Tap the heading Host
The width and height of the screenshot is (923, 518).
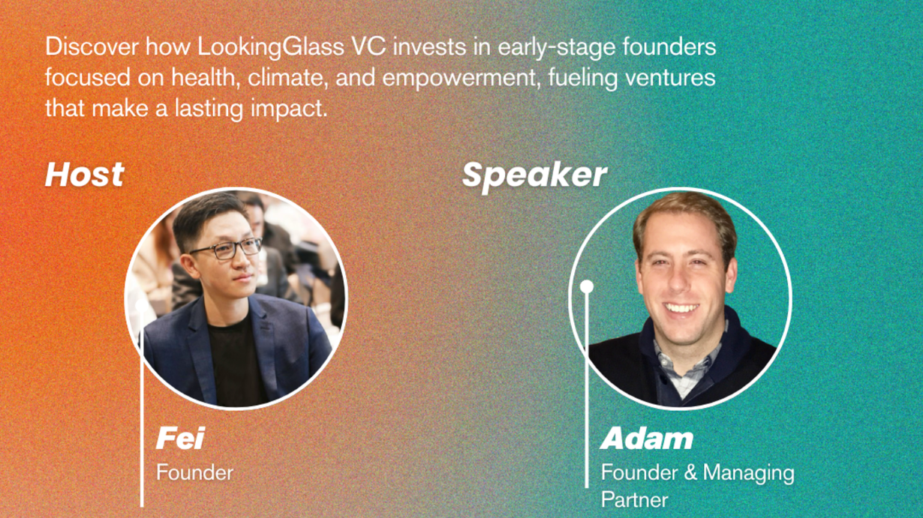click(85, 175)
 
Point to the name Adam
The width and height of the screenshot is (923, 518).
click(647, 439)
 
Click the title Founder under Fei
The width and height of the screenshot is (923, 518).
click(194, 472)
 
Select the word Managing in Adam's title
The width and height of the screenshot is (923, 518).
click(748, 474)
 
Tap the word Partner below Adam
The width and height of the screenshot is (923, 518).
click(634, 500)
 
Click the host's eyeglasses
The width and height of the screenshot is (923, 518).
click(226, 249)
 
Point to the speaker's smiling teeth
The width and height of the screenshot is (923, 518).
click(682, 308)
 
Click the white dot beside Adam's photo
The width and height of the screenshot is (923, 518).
click(587, 286)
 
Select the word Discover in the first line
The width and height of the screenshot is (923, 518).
click(92, 47)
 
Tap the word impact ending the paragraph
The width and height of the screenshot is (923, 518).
click(289, 109)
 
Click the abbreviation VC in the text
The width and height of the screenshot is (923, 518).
click(368, 47)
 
